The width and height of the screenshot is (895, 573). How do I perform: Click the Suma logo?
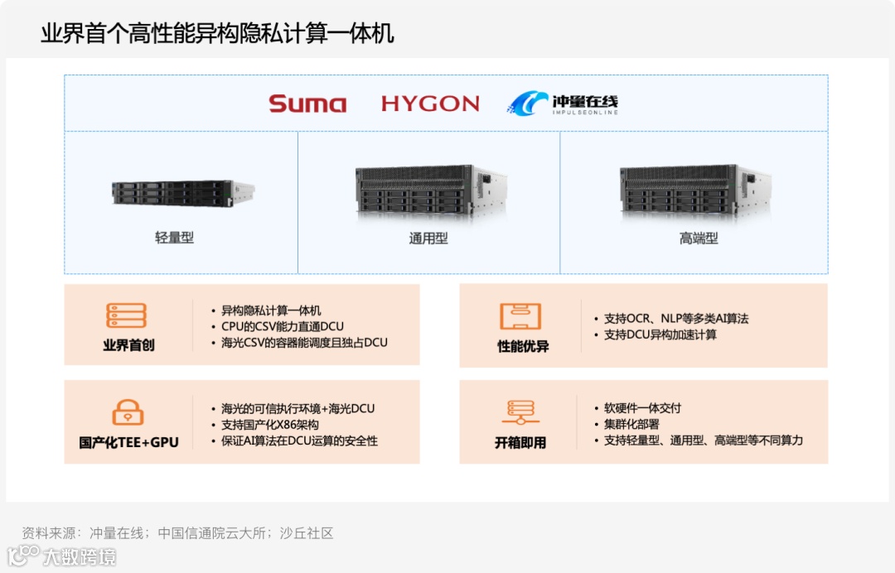[307, 104]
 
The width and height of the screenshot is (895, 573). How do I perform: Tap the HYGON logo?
[430, 104]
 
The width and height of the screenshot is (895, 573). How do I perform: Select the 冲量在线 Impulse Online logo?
[564, 104]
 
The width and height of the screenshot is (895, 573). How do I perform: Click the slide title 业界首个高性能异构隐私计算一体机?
[217, 33]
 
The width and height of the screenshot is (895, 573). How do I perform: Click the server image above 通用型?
[430, 190]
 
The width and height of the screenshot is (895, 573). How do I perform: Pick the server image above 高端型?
[694, 190]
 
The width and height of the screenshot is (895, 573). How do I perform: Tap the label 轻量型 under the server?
[174, 238]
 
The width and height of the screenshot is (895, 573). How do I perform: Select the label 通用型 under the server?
[428, 238]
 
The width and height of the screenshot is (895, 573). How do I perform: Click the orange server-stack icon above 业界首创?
[127, 315]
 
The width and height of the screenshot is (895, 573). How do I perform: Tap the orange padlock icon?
[128, 412]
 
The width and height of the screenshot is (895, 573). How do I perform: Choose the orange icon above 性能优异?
[520, 316]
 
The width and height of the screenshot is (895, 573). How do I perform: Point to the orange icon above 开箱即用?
[520, 412]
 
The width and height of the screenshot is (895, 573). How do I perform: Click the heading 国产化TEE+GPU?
[128, 442]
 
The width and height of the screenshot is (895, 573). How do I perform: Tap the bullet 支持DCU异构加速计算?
[660, 335]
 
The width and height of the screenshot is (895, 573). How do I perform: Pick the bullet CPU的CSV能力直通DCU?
[283, 326]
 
